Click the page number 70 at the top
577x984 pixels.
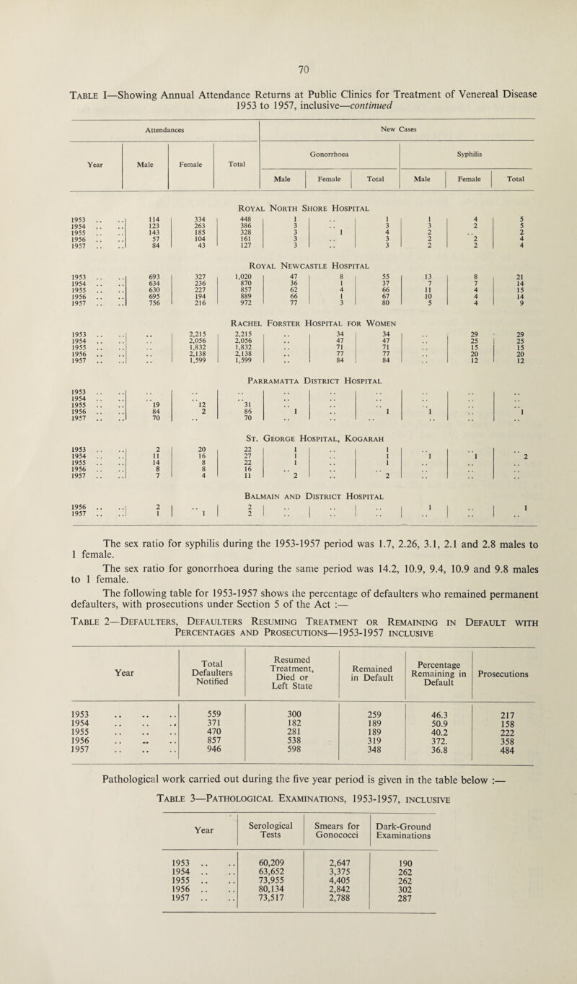tap(288, 71)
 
